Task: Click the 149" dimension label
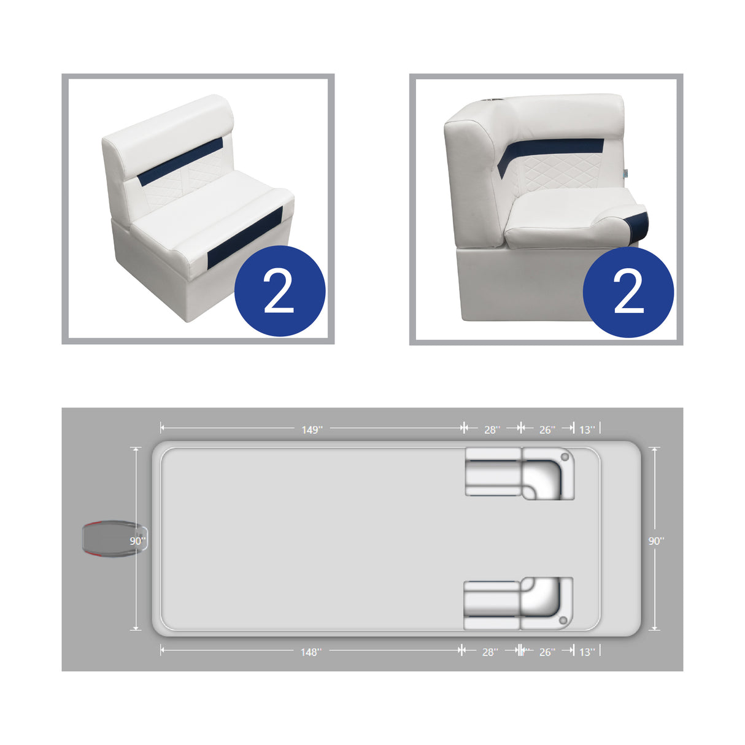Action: click(x=311, y=430)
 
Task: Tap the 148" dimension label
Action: click(x=311, y=652)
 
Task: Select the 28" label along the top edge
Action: click(x=492, y=430)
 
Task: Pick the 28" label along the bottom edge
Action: click(x=490, y=652)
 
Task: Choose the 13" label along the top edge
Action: click(x=587, y=430)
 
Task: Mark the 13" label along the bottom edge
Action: click(x=587, y=652)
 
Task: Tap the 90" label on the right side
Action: click(x=656, y=541)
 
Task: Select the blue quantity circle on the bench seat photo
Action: click(x=280, y=291)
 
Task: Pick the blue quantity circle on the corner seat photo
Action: click(x=628, y=292)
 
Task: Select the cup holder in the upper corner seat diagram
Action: click(x=565, y=457)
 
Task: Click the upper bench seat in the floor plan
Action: click(x=493, y=473)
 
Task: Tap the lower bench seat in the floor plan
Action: click(x=492, y=605)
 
